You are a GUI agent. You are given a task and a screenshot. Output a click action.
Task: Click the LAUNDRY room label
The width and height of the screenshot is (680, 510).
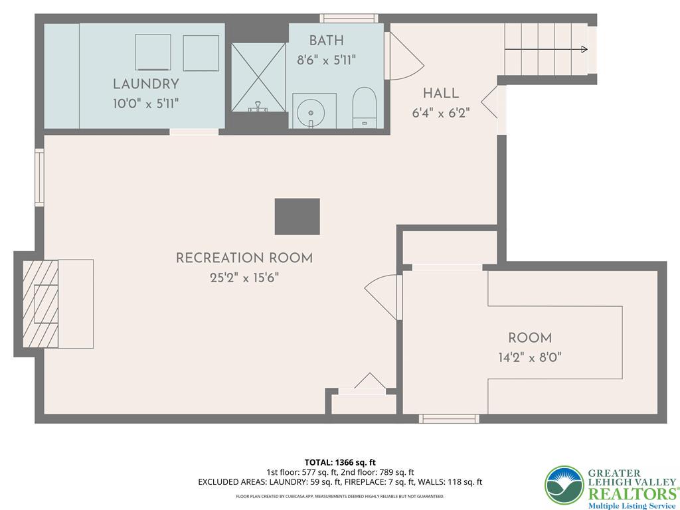tap(145, 84)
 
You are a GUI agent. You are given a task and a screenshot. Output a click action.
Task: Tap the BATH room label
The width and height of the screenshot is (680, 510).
tap(326, 41)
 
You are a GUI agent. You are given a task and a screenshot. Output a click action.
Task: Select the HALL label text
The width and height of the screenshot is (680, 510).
tap(441, 93)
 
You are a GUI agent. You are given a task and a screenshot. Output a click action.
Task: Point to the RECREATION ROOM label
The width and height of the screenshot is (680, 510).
tap(244, 258)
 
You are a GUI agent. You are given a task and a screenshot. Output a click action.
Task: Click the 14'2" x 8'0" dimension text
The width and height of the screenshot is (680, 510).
tap(530, 358)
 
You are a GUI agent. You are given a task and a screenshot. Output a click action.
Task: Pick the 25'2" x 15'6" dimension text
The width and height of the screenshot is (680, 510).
tap(244, 278)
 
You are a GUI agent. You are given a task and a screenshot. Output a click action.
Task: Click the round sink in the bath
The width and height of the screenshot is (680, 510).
tap(311, 113)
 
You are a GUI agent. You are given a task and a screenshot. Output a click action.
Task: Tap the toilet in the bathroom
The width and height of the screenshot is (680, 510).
tap(364, 108)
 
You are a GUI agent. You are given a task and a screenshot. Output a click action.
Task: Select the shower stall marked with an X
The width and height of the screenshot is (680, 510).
tap(258, 77)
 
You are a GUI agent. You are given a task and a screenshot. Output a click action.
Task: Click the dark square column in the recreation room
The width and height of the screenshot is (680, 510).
tap(297, 216)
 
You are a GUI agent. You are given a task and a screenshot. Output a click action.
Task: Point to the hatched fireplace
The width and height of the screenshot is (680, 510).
tap(41, 304)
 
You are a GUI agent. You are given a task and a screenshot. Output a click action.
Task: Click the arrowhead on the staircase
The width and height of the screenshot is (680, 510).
tap(584, 49)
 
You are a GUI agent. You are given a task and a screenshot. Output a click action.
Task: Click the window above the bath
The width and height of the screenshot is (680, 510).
tap(349, 18)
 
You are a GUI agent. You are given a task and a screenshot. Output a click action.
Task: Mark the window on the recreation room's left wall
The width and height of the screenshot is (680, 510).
tap(39, 177)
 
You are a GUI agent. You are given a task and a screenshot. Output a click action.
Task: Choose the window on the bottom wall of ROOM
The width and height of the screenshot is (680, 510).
tap(449, 418)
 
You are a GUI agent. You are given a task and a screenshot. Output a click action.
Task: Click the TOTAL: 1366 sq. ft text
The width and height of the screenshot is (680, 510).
tap(337, 462)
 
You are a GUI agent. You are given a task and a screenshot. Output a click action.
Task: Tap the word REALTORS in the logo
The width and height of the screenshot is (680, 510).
tap(632, 493)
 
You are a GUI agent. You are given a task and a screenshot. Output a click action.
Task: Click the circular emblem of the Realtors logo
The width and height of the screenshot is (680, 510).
tap(564, 485)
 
